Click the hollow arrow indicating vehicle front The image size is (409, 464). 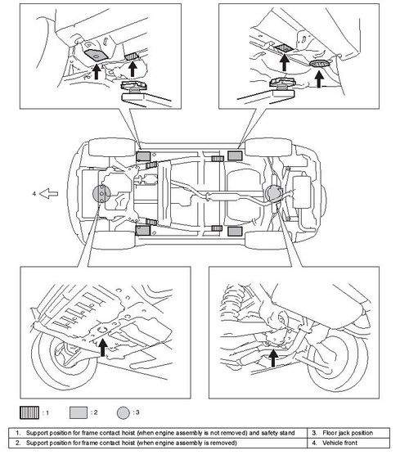[49, 194]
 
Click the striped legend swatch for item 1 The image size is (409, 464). [29, 412]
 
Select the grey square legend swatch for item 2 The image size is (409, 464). [79, 412]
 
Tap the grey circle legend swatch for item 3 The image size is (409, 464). [123, 412]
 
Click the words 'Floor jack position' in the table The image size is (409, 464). [348, 433]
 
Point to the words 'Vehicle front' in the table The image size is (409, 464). [339, 443]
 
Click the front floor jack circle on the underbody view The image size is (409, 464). [101, 194]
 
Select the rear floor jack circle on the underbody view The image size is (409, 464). [273, 193]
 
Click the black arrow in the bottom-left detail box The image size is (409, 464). [102, 348]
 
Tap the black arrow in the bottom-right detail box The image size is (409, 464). [273, 358]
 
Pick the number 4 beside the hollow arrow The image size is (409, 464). [34, 193]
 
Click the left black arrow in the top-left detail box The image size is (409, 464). [97, 72]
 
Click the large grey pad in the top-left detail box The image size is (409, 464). [96, 55]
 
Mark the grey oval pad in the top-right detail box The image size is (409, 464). [320, 63]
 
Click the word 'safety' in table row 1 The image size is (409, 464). [270, 433]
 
